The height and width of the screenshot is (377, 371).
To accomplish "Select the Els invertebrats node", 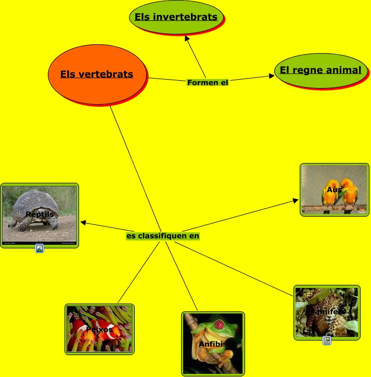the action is pyautogui.click(x=176, y=17).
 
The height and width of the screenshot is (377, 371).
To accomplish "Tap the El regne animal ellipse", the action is pyautogui.click(x=320, y=70).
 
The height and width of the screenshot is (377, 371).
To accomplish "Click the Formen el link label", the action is pyautogui.click(x=208, y=82).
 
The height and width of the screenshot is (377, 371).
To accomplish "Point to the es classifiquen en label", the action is pyautogui.click(x=163, y=236).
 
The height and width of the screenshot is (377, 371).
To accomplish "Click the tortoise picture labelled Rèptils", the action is pyautogui.click(x=40, y=215).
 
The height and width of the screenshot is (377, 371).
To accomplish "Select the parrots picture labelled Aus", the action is pyautogui.click(x=334, y=189).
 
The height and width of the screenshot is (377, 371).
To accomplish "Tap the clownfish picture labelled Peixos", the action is pyautogui.click(x=99, y=329).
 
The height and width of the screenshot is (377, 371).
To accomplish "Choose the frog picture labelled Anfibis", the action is pyautogui.click(x=212, y=343).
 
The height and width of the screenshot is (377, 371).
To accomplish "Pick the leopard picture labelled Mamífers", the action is pyautogui.click(x=327, y=311).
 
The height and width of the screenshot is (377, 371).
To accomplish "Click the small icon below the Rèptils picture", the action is pyautogui.click(x=40, y=248).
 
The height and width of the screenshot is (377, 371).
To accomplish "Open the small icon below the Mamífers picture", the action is pyautogui.click(x=327, y=341).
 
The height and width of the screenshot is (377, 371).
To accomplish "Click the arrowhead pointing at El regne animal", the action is pyautogui.click(x=271, y=76).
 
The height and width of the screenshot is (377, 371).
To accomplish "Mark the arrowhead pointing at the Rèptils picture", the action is pyautogui.click(x=83, y=223).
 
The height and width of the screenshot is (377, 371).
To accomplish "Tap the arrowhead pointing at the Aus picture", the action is pyautogui.click(x=295, y=199).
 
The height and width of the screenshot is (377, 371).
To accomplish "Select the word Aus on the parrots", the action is pyautogui.click(x=334, y=190).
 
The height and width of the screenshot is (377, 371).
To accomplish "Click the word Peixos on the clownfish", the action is pyautogui.click(x=99, y=330).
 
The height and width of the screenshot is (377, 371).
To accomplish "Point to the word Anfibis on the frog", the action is pyautogui.click(x=212, y=344).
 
